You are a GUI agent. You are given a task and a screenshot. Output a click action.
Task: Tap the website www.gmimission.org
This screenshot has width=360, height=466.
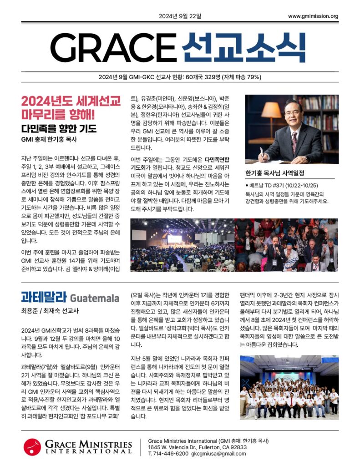[313, 17]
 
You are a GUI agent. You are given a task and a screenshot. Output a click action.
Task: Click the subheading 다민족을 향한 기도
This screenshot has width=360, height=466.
[59, 128]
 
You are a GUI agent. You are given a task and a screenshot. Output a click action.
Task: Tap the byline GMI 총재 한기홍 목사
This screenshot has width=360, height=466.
[50, 139]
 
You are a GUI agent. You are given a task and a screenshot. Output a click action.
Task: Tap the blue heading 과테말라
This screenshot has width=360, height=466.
[44, 298]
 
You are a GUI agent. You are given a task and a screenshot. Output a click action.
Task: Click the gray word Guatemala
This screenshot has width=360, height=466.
[95, 299]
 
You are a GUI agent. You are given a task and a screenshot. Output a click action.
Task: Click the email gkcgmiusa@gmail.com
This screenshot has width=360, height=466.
[218, 454]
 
